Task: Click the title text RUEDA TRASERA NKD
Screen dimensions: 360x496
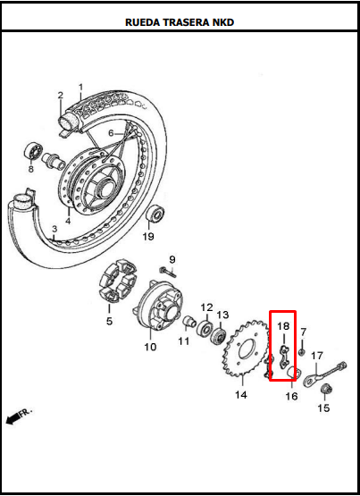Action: click(180, 22)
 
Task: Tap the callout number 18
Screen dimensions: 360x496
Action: click(283, 326)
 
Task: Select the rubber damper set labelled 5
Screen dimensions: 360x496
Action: click(118, 281)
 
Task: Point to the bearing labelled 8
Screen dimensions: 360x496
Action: click(33, 151)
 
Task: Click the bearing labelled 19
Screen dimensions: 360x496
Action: click(155, 214)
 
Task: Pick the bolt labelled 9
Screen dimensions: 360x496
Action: click(168, 272)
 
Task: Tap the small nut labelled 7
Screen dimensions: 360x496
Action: click(302, 352)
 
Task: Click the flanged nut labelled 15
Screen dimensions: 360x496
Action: click(324, 389)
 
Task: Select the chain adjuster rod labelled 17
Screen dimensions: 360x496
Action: click(325, 374)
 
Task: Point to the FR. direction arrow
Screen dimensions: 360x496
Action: click(19, 416)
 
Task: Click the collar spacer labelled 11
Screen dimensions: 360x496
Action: click(189, 322)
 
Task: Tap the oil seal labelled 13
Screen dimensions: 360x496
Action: click(218, 336)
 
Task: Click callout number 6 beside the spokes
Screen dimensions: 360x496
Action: click(111, 133)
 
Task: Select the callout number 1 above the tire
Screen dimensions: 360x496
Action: click(81, 87)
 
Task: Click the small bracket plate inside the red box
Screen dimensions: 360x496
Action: click(284, 357)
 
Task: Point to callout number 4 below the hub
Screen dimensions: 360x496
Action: click(68, 221)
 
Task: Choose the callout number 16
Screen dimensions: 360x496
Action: click(291, 396)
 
